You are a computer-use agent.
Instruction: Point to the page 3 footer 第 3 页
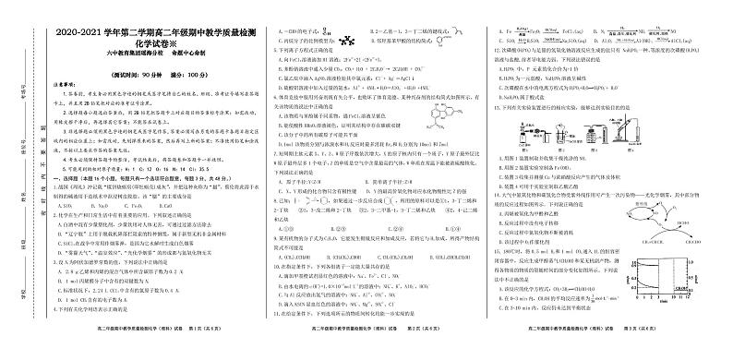(x=651, y=351)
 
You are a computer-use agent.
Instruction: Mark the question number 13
(x=496, y=108)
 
